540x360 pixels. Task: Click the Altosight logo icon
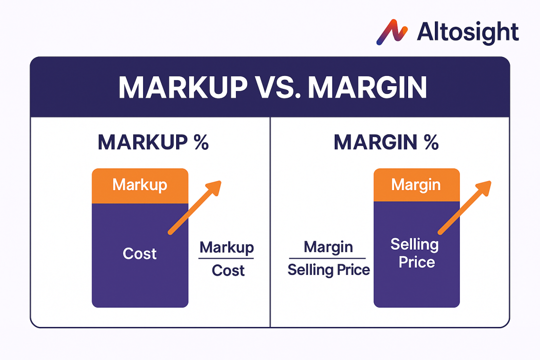click(x=392, y=32)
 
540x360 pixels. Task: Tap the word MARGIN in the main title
click(x=368, y=88)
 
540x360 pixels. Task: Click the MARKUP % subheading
click(x=153, y=142)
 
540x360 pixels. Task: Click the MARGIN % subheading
click(x=386, y=142)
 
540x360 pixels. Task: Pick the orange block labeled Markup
click(x=140, y=185)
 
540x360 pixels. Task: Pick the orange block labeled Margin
click(x=416, y=185)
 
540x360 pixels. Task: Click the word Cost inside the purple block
click(x=140, y=253)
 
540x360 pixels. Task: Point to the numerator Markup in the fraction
click(x=227, y=247)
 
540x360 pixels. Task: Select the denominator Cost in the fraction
click(x=228, y=270)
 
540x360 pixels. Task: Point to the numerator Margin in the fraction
click(x=328, y=247)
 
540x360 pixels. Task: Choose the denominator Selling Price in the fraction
click(x=328, y=270)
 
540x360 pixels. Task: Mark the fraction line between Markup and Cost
click(x=226, y=258)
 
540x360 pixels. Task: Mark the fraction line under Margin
click(x=327, y=258)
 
